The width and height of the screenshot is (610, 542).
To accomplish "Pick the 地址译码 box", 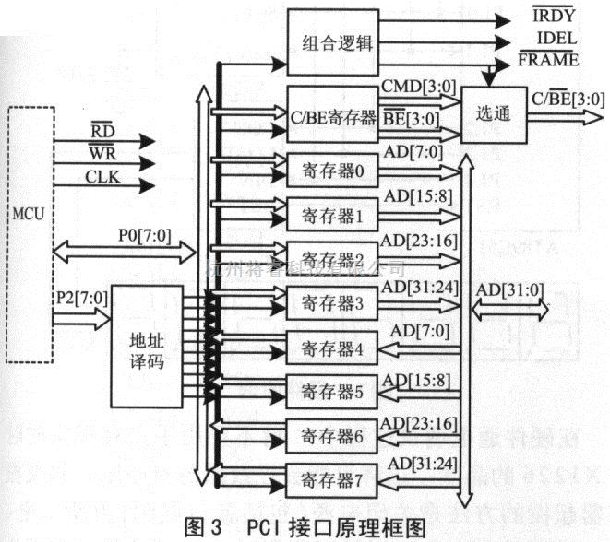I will [147, 348].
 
